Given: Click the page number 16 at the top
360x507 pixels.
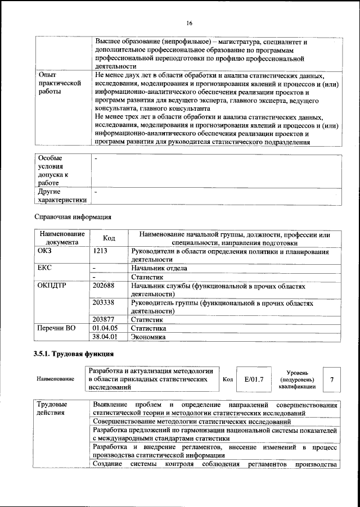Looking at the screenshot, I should pos(190,23).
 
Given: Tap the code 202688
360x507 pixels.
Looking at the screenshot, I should pos(103,286).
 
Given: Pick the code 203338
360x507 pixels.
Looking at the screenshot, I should pos(103,302).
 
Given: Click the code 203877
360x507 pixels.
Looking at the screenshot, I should pos(103,319).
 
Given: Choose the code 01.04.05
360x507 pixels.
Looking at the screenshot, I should pos(104,328).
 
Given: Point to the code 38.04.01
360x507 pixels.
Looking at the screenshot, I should pos(104,337).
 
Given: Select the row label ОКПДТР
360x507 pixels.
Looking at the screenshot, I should pos(51,286).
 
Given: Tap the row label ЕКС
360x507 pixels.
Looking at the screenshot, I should pos(44,268).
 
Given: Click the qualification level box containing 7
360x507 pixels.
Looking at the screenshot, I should pos(332,379).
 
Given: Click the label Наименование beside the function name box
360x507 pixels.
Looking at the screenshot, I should pos(55,379).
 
